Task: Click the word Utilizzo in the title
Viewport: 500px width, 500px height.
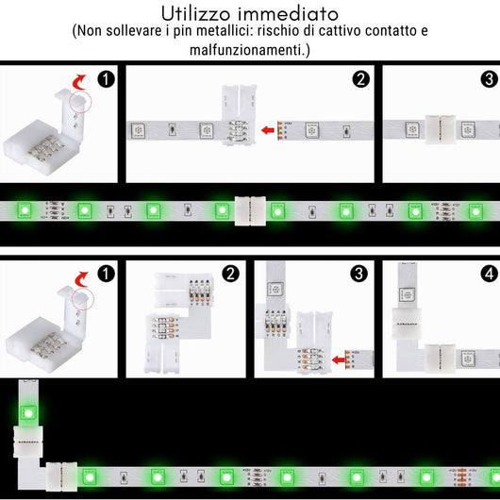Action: (x=197, y=13)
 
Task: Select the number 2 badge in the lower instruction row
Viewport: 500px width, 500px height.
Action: (x=230, y=274)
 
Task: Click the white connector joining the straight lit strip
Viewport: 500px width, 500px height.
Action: (x=250, y=209)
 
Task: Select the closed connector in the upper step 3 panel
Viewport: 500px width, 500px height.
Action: (x=440, y=125)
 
